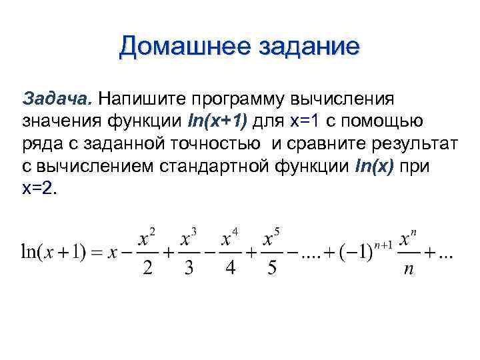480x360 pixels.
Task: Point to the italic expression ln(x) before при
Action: point(368,166)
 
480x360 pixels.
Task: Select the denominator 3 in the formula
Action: point(189,269)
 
